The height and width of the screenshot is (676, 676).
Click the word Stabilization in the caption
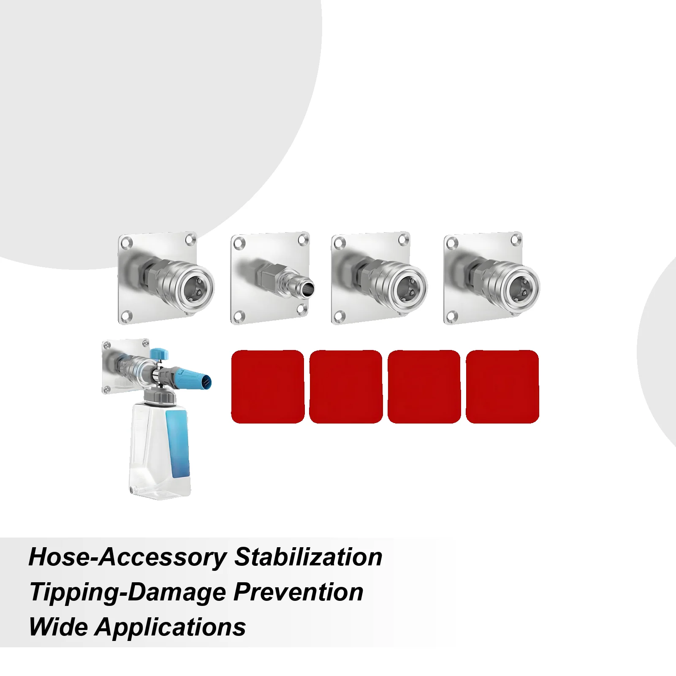pos(308,557)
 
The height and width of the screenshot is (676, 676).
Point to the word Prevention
pos(298,592)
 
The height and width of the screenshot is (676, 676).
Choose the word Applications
pos(171,627)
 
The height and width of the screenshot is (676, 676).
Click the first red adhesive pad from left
pos(268,386)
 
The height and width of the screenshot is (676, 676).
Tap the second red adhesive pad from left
pos(346,386)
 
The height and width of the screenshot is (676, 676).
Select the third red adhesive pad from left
pos(424,386)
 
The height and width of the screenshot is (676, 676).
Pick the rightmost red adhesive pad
pos(502,386)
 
